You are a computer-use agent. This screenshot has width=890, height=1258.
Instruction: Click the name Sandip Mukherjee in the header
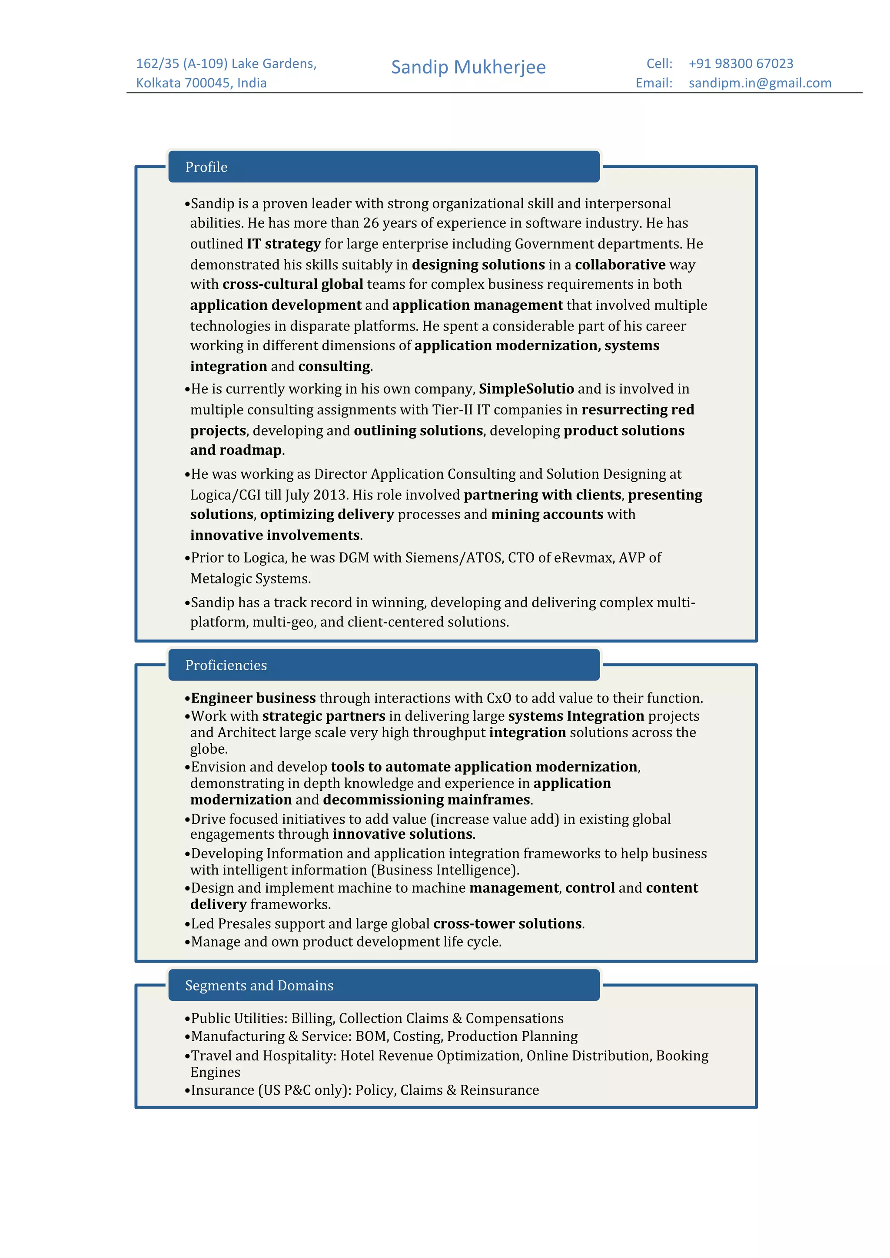468,67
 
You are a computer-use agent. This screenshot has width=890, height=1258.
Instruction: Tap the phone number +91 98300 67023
741,63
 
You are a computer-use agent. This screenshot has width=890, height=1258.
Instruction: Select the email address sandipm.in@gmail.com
760,83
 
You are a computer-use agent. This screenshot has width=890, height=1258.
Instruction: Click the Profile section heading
206,167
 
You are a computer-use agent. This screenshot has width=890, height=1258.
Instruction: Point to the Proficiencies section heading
226,665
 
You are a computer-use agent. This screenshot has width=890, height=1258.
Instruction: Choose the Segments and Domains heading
259,986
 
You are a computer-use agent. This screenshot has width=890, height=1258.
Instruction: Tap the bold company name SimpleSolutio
526,389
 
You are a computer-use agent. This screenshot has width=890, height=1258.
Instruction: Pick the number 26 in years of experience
371,223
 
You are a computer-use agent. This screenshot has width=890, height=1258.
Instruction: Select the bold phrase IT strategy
283,244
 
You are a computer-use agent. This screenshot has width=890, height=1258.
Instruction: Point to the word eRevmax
583,558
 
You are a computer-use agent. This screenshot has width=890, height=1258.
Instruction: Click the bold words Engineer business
253,698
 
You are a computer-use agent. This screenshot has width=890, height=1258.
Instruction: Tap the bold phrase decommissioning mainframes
426,800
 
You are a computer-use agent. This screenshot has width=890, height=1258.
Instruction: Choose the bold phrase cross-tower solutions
508,924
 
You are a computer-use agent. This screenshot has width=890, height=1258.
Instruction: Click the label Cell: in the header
659,63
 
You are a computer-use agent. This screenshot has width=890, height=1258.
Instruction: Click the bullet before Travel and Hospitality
187,1057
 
